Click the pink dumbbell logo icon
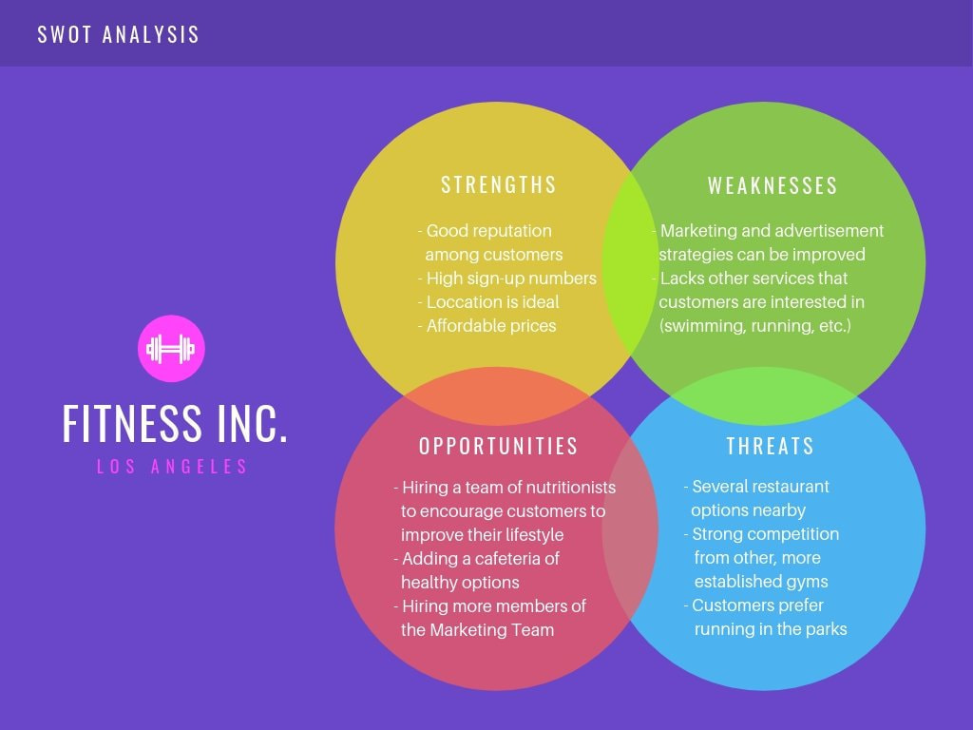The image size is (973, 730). tap(171, 349)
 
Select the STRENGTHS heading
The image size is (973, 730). tap(499, 184)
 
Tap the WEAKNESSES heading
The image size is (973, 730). tap(773, 186)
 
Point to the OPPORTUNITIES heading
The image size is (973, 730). tap(499, 446)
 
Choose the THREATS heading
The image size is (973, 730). tap(771, 446)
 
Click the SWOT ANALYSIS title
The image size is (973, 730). tap(119, 35)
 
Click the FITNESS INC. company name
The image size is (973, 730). tap(175, 424)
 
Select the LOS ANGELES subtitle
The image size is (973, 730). tap(172, 467)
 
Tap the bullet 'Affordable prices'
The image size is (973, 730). tap(491, 325)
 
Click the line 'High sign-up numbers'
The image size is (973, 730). tap(511, 278)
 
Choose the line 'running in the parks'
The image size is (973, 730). tap(771, 628)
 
